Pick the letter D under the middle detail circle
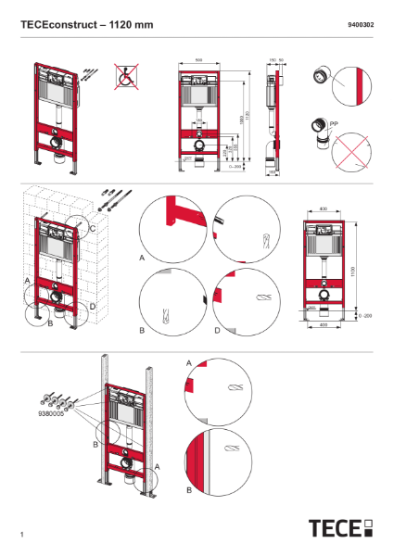coord(217,330)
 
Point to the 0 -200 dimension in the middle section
coord(366,316)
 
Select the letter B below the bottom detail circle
coord(188,488)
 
